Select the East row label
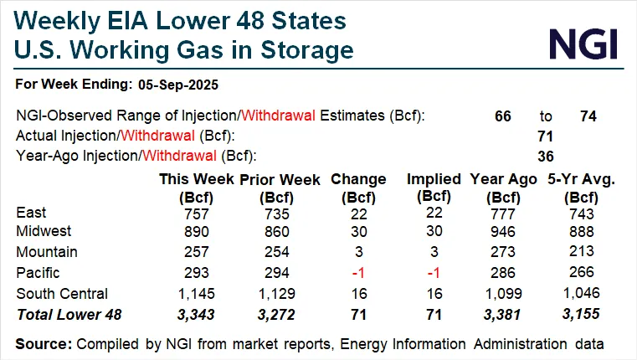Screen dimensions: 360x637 click(x=31, y=213)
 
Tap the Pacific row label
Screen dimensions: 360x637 click(x=39, y=272)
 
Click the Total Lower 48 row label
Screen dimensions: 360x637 click(x=68, y=312)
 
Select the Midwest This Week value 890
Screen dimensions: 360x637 click(x=196, y=232)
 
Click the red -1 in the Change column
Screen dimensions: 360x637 click(x=358, y=272)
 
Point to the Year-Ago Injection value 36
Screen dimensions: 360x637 click(x=545, y=155)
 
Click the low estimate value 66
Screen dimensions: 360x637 click(x=503, y=116)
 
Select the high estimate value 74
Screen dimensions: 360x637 click(x=588, y=116)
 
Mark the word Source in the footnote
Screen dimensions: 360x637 click(x=43, y=343)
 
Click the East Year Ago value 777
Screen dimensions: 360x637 click(x=501, y=213)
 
